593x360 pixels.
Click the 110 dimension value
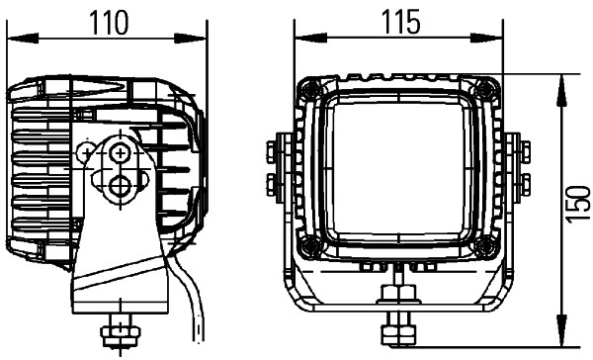point(108,20)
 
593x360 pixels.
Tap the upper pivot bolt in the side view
point(123,152)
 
